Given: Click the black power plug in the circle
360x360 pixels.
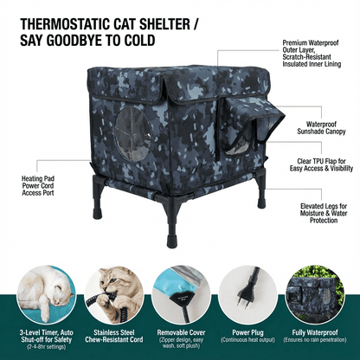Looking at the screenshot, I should click(x=250, y=292).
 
